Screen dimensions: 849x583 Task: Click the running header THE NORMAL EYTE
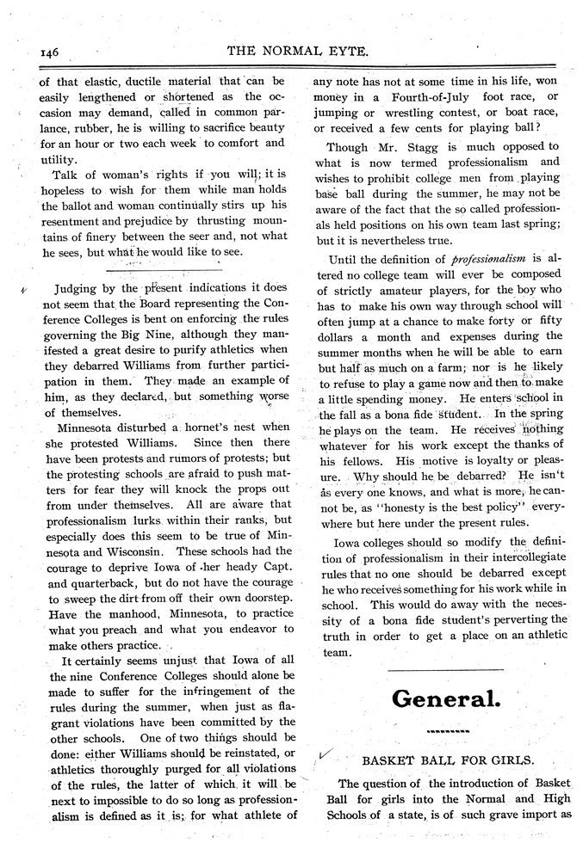(298, 50)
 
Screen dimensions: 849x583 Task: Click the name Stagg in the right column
(416, 146)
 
